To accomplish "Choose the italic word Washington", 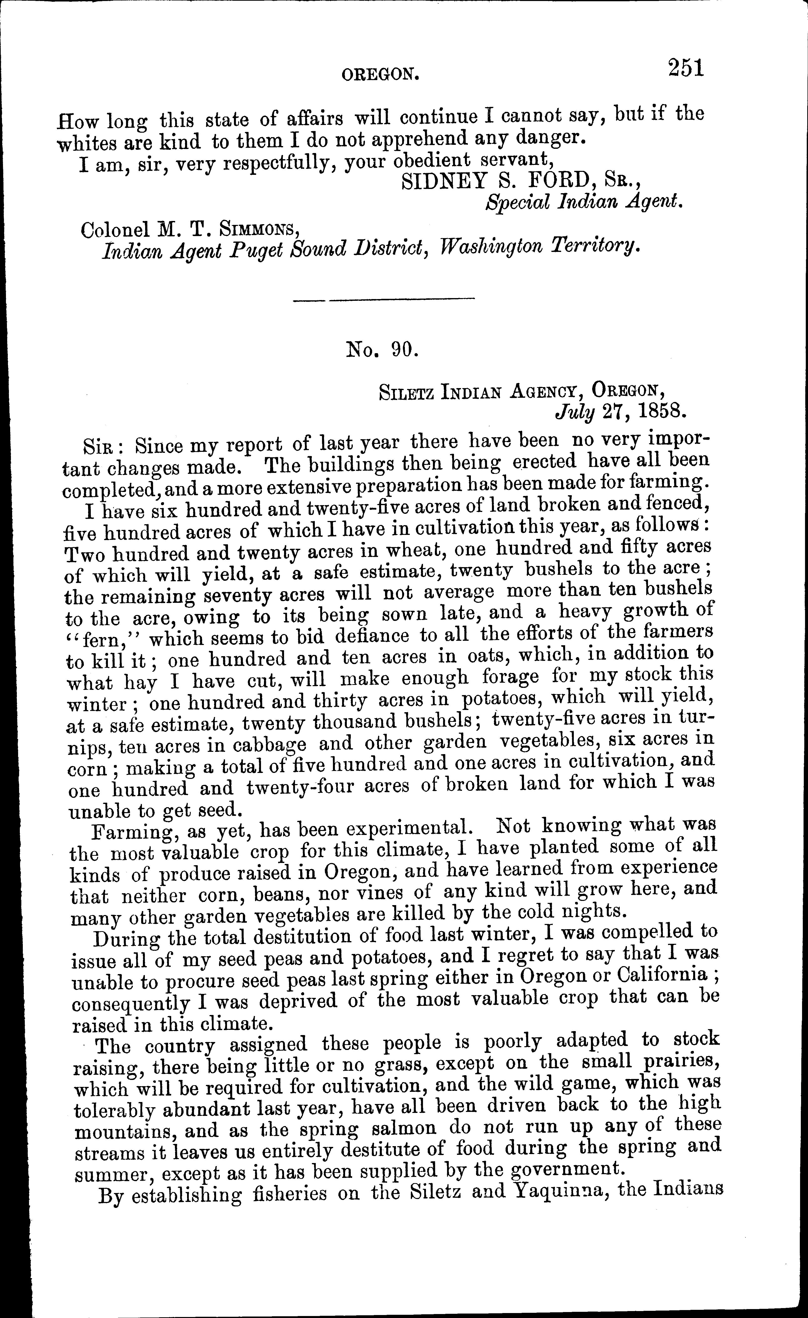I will point(492,247).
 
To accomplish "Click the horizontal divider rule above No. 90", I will point(384,299).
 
